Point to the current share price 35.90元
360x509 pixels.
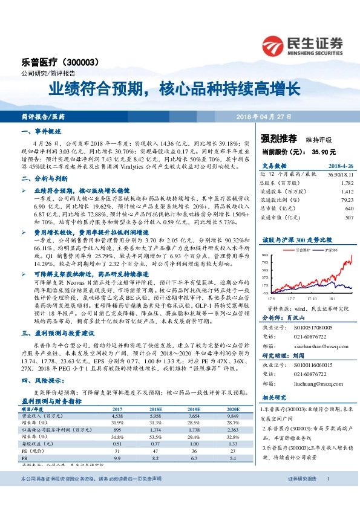point(336,152)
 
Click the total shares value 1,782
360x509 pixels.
point(347,183)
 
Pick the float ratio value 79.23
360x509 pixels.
point(347,199)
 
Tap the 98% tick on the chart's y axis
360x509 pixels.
point(265,256)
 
